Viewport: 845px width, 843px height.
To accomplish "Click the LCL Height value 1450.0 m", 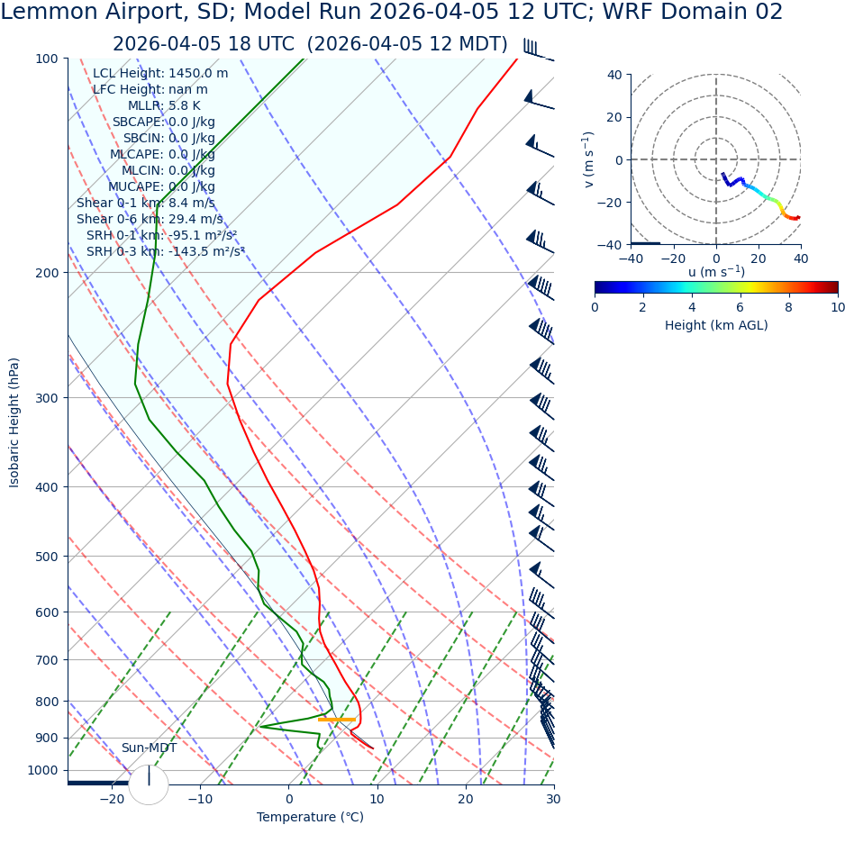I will tap(198, 73).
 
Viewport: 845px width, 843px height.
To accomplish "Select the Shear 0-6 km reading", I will tap(150, 219).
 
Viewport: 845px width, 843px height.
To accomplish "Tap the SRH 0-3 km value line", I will tap(166, 251).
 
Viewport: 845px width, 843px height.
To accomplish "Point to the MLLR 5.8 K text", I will tap(164, 105).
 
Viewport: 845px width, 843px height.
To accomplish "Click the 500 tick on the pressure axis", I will tap(46, 557).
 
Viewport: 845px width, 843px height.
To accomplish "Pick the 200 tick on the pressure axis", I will tap(46, 273).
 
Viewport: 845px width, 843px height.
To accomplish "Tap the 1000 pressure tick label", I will tap(42, 770).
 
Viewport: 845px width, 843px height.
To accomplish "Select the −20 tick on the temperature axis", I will tap(112, 799).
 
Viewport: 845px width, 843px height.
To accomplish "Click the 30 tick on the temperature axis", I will tap(553, 799).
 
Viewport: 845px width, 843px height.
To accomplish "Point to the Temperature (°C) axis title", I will tap(310, 817).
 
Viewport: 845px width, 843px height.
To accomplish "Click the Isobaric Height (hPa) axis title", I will tap(14, 422).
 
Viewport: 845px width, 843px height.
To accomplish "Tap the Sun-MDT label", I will tap(149, 748).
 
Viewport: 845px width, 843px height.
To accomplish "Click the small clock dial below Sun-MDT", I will tap(149, 784).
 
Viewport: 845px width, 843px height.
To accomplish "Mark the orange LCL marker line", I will tap(337, 720).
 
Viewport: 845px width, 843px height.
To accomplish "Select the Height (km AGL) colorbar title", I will tap(716, 325).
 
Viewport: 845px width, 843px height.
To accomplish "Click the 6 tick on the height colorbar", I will tap(741, 307).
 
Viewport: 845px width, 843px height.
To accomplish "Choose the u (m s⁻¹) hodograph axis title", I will tap(716, 272).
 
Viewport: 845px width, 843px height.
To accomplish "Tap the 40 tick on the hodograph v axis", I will tap(614, 75).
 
